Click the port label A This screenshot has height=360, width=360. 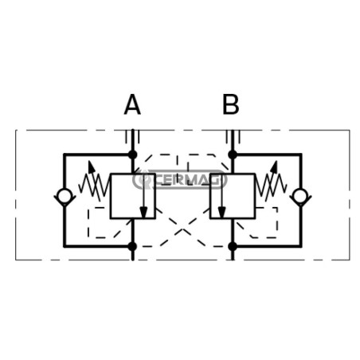click(132, 104)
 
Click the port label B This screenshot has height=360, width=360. click(231, 104)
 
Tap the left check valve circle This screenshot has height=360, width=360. click(64, 196)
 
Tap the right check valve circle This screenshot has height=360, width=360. click(301, 196)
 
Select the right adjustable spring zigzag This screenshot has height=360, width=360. click(271, 185)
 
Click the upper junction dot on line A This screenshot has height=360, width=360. click(132, 155)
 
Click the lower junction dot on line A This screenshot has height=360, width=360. click(132, 246)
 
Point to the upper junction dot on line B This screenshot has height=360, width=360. click(233, 155)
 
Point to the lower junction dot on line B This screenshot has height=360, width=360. click(233, 246)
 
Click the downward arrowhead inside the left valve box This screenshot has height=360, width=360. click(143, 212)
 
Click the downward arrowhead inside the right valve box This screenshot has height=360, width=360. click(221, 212)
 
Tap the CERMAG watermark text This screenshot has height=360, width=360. click(187, 180)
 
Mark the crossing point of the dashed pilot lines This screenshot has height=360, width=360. click(182, 229)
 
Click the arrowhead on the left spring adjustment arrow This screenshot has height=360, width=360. click(92, 166)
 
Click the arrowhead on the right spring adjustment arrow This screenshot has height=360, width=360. click(274, 166)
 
